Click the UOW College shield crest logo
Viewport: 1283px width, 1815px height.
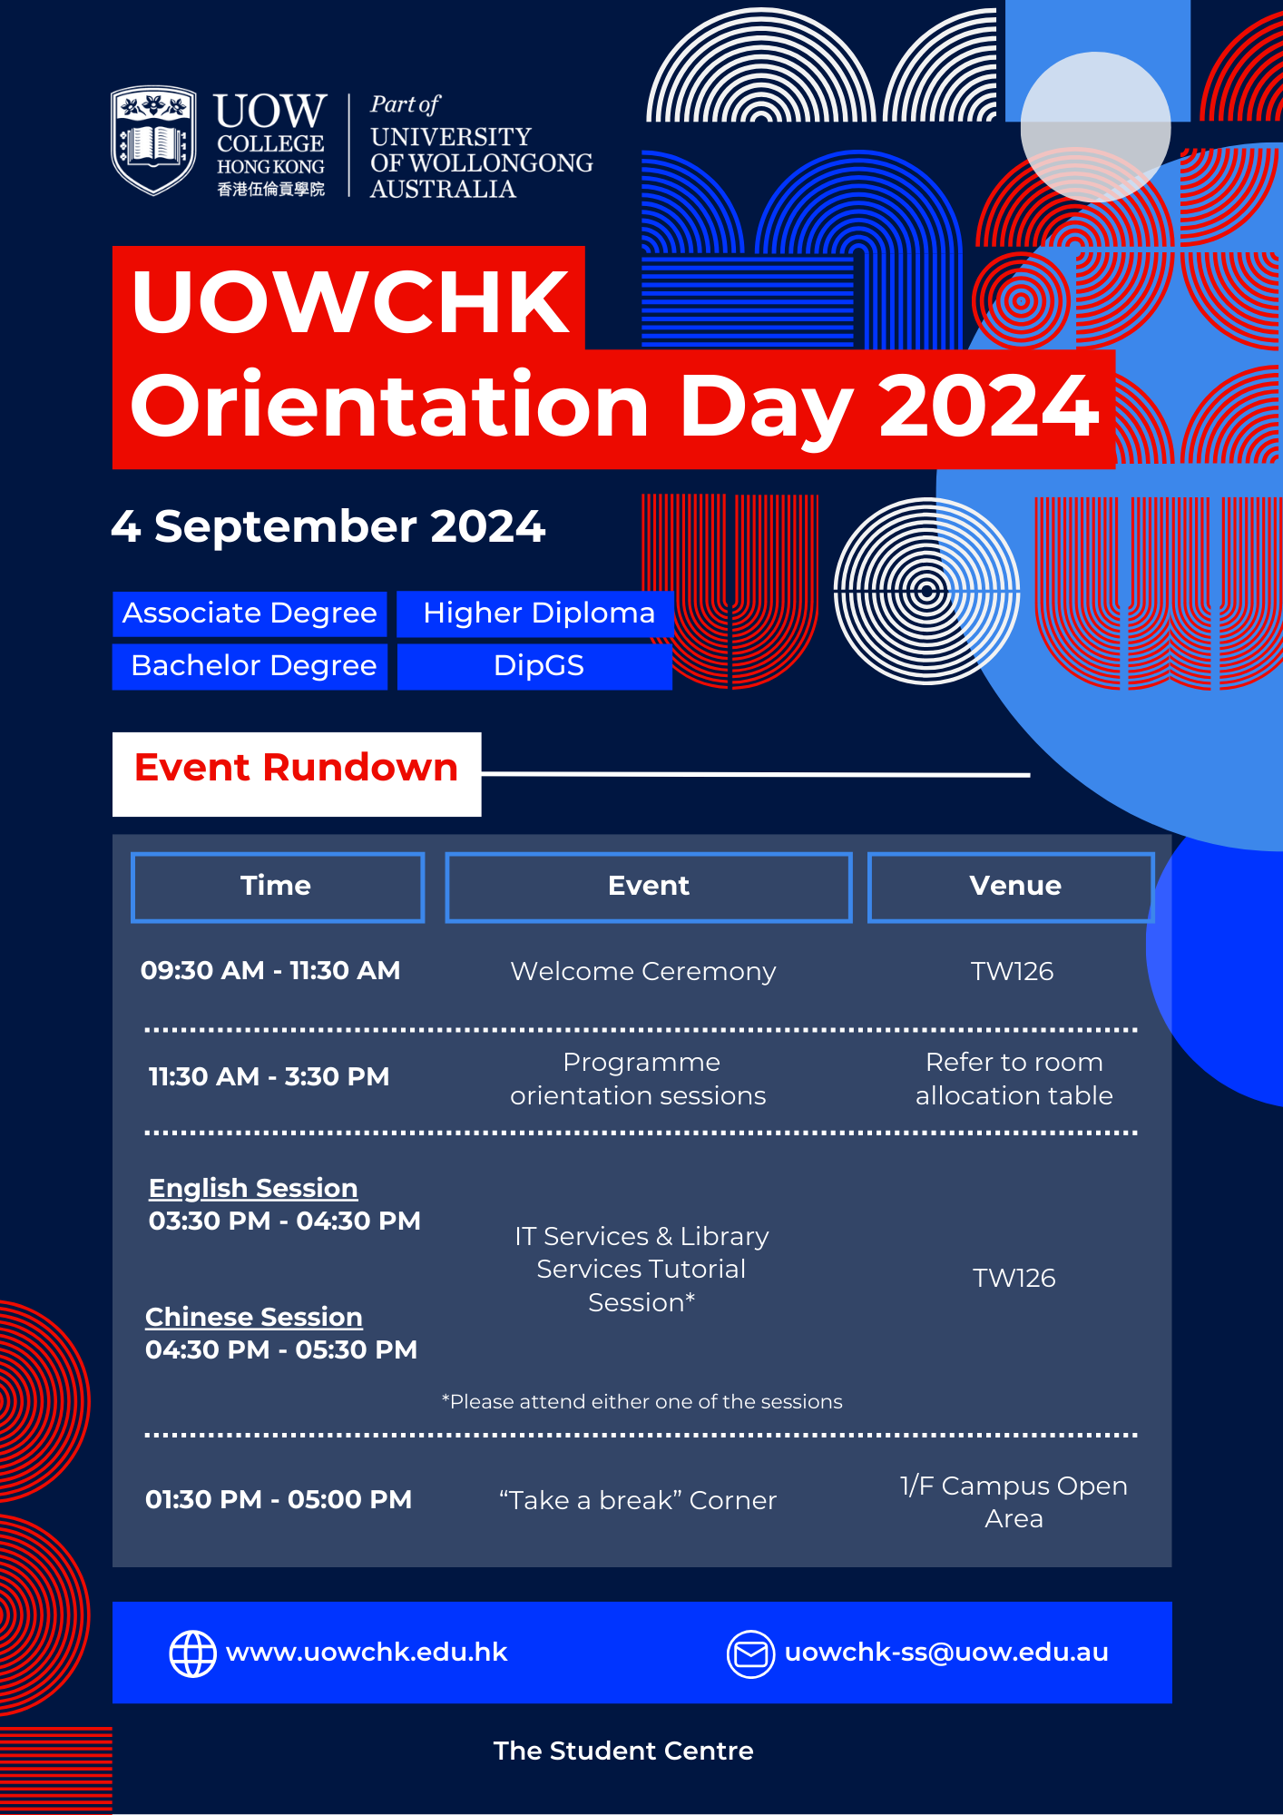(153, 140)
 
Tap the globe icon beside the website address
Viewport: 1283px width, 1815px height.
(193, 1653)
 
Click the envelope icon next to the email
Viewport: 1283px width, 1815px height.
(750, 1654)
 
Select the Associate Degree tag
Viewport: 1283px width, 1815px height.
(250, 613)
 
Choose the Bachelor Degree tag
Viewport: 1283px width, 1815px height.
(250, 666)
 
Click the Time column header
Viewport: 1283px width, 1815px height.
(278, 887)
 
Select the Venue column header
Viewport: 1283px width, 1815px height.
(1011, 887)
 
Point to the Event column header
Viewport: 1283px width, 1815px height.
(649, 887)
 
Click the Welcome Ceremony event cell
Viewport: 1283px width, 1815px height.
(643, 971)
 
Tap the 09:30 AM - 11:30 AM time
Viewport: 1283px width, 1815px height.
(270, 970)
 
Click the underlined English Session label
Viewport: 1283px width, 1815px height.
(253, 1188)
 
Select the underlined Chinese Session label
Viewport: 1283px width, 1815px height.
(254, 1317)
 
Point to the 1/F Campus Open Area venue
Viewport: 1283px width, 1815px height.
(1014, 1502)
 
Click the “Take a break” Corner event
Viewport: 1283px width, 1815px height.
(638, 1500)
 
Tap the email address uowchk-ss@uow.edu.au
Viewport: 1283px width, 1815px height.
(946, 1653)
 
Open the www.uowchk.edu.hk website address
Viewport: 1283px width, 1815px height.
(367, 1652)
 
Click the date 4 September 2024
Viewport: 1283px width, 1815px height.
(328, 526)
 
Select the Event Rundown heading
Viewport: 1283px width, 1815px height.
(297, 768)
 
